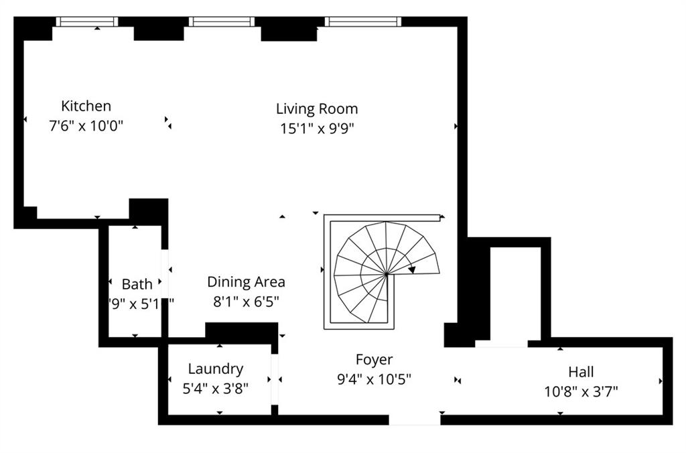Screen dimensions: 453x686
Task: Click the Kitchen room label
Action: coord(86,106)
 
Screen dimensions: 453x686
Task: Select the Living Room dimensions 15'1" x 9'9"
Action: coord(317,129)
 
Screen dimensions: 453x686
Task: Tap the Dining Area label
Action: coord(246,282)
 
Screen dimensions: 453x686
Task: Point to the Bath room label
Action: coord(137,284)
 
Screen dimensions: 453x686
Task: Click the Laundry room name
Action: coord(215,369)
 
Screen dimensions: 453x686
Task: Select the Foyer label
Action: coord(374,361)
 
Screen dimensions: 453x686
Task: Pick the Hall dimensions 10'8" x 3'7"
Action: coord(581,391)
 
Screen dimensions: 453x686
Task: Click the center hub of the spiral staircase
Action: coord(387,273)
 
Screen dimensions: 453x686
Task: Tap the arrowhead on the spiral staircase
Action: coord(412,269)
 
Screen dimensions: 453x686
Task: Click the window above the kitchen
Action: coord(87,21)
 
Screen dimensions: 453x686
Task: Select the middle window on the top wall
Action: coord(222,21)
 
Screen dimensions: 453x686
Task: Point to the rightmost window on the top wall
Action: coord(363,21)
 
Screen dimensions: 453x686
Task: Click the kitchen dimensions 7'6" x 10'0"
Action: coord(86,126)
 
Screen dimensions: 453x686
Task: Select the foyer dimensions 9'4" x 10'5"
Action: coord(374,379)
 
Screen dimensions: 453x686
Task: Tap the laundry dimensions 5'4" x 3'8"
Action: coord(215,389)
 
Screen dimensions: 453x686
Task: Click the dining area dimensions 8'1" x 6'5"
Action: coord(246,302)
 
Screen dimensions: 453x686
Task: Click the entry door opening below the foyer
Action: coord(415,420)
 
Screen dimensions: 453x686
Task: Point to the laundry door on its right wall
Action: coord(274,380)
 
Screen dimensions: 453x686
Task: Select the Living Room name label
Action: coord(317,109)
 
